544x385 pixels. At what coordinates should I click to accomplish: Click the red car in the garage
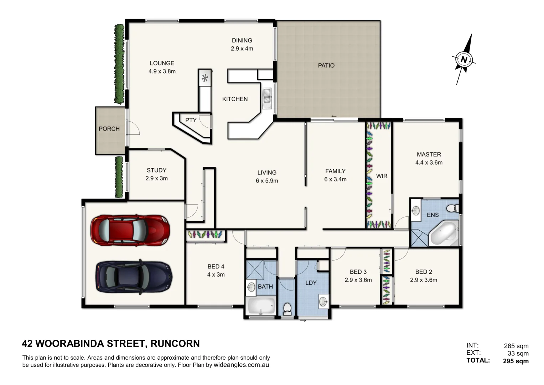pyautogui.click(x=130, y=230)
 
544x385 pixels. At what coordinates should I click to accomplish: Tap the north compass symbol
pyautogui.click(x=464, y=60)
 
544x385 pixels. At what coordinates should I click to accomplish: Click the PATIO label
pyautogui.click(x=326, y=66)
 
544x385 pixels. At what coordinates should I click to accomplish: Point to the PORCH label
pyautogui.click(x=109, y=129)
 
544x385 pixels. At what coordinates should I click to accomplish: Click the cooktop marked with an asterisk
pyautogui.click(x=205, y=78)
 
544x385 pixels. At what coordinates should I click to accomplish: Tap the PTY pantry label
pyautogui.click(x=191, y=120)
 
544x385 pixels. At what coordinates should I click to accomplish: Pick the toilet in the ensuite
pyautogui.click(x=452, y=208)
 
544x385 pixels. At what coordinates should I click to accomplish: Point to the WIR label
pyautogui.click(x=382, y=176)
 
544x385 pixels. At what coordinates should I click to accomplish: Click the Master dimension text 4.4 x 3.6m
pyautogui.click(x=429, y=163)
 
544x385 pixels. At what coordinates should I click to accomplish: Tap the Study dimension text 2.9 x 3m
pyautogui.click(x=156, y=178)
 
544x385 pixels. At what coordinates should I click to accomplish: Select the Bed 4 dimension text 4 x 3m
pyautogui.click(x=216, y=274)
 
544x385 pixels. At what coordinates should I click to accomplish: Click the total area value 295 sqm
pyautogui.click(x=515, y=361)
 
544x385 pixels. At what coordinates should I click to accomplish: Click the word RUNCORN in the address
pyautogui.click(x=175, y=344)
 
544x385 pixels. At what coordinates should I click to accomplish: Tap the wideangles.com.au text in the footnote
pyautogui.click(x=241, y=365)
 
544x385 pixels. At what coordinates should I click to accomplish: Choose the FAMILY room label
pyautogui.click(x=335, y=171)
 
